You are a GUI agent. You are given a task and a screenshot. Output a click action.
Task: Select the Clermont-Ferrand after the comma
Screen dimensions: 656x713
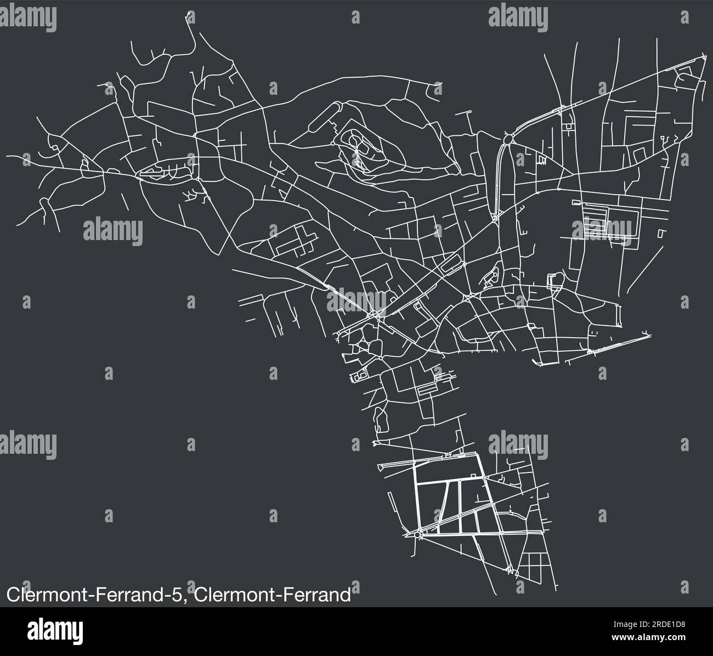[x=273, y=595]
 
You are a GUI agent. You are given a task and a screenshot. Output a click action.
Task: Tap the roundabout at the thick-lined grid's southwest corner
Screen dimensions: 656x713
[x=419, y=533]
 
